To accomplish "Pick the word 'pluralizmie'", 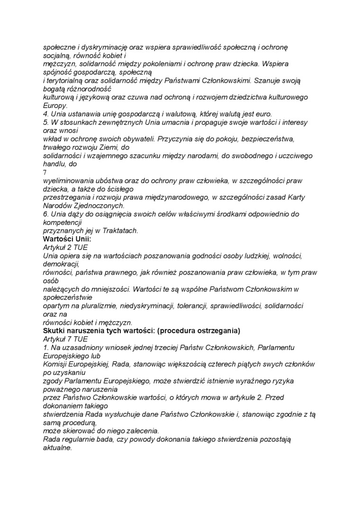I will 90,306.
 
